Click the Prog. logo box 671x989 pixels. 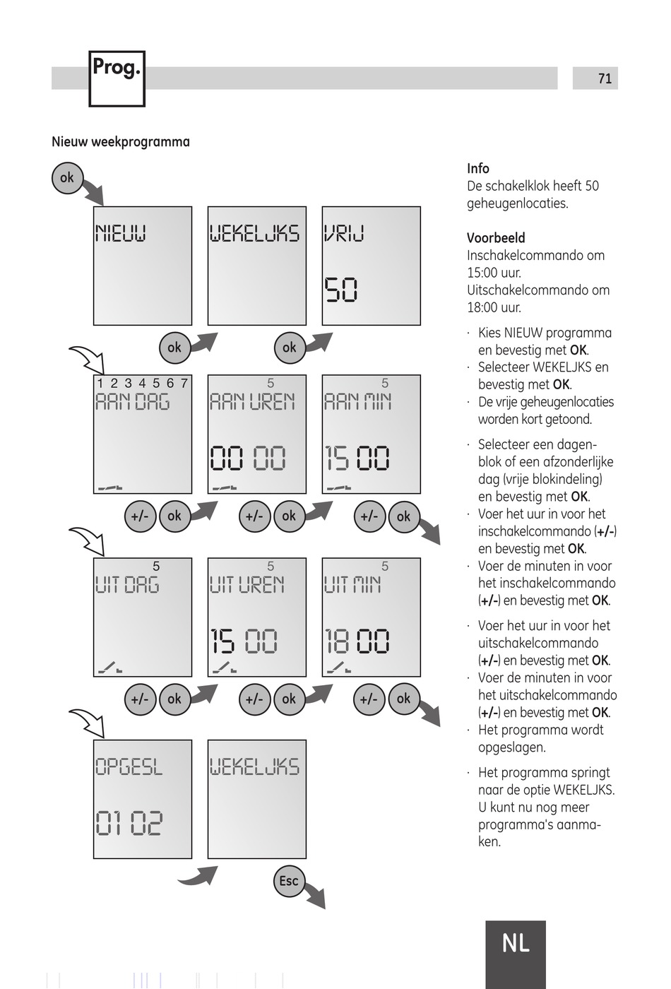coord(117,78)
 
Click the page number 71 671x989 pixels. coord(605,78)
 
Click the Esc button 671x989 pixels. coord(289,881)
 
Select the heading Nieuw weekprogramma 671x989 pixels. coord(121,141)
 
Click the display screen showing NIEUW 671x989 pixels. coord(143,266)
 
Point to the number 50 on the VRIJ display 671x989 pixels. coord(341,290)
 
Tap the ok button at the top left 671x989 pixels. coord(67,178)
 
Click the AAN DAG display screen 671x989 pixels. coord(143,434)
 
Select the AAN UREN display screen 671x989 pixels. coord(257,434)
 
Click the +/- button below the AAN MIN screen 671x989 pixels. coord(369,516)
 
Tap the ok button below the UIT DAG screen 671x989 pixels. coord(174,699)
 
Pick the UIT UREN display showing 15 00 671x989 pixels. coord(257,617)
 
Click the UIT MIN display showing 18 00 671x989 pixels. coord(372,617)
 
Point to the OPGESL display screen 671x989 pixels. coord(143,799)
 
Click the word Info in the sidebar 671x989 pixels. coord(478,168)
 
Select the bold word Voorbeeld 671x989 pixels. coord(496,238)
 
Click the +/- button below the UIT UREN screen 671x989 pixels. coord(254,699)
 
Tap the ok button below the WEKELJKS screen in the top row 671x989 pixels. coord(289,348)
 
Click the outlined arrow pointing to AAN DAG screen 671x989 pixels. coord(87,359)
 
